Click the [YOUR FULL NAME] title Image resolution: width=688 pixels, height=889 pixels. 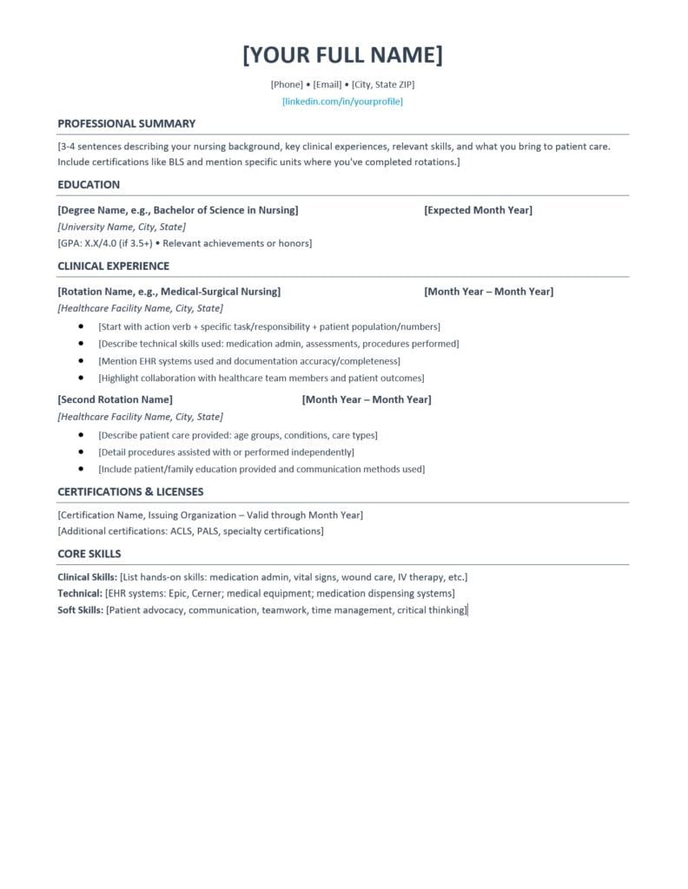point(342,55)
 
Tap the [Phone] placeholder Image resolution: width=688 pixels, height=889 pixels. point(287,84)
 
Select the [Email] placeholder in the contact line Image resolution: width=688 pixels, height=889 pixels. point(327,84)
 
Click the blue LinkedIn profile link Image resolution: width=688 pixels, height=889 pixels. point(342,102)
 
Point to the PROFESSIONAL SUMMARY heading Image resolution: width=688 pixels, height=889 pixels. point(127,123)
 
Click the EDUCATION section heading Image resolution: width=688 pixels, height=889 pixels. point(89,184)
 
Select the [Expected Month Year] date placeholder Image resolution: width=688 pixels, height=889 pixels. point(478,210)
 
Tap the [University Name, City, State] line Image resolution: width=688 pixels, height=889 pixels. point(121,227)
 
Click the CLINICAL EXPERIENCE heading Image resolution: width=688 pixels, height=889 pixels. point(114,266)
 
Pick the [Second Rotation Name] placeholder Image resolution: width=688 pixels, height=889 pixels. point(115,399)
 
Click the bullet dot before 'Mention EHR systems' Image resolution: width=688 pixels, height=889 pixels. point(81,361)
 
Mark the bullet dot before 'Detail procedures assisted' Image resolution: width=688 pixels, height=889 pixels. point(81,452)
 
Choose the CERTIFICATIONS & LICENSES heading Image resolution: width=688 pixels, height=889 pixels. point(130,491)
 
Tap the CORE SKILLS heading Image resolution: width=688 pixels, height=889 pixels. point(89,553)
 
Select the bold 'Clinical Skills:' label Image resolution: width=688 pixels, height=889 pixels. point(87,576)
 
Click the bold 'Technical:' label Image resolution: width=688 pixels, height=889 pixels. point(80,594)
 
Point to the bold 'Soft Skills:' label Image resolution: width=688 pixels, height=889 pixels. point(80,610)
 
